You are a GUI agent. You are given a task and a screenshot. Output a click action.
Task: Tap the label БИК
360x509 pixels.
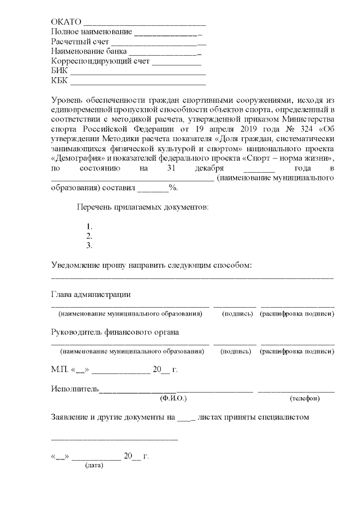(x=59, y=70)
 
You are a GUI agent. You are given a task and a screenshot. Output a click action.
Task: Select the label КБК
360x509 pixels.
(x=59, y=80)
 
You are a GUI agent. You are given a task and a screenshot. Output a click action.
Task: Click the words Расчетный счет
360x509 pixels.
(x=80, y=41)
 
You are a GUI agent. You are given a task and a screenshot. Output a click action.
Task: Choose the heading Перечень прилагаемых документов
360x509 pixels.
(x=142, y=207)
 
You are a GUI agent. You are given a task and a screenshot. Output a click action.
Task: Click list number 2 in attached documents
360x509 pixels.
(x=88, y=236)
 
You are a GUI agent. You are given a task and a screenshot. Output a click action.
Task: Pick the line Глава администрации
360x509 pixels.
(x=91, y=294)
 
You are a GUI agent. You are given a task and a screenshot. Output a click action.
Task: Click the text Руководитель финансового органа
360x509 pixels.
(x=115, y=332)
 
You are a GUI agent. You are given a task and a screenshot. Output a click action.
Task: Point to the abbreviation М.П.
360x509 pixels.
(x=59, y=370)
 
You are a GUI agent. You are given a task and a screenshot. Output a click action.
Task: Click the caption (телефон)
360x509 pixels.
(x=305, y=398)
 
